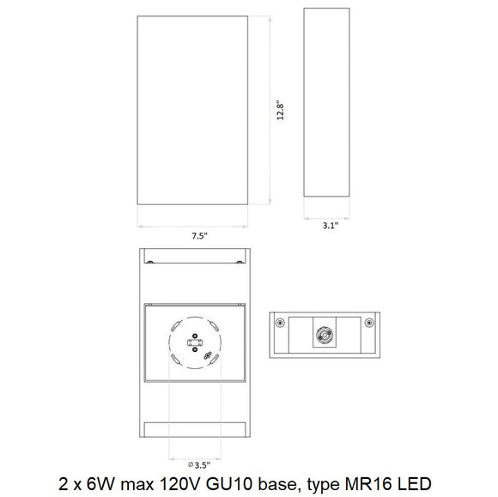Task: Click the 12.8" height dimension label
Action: click(280, 111)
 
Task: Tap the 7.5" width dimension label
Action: click(199, 236)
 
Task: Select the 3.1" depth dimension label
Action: click(331, 226)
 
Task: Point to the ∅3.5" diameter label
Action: click(199, 465)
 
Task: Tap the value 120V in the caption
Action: click(179, 484)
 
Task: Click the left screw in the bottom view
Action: click(280, 323)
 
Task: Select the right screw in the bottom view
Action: click(369, 323)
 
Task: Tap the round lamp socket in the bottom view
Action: click(325, 335)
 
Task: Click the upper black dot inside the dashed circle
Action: click(195, 336)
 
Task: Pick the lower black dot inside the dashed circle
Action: click(195, 349)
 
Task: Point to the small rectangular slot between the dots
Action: click(195, 343)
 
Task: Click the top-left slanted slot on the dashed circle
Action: click(176, 325)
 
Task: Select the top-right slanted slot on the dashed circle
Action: click(214, 325)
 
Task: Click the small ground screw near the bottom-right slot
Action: click(208, 355)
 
